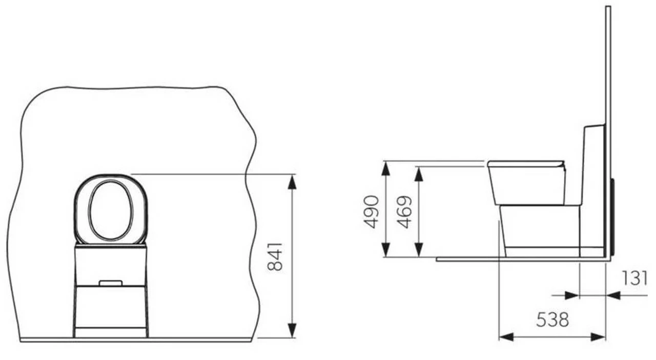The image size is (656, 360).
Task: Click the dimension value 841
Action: point(276,256)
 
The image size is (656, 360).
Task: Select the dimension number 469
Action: point(405,211)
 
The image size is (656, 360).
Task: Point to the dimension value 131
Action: point(635,278)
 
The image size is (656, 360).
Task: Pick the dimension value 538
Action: point(552,320)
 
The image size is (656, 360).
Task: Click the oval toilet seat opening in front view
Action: point(111,210)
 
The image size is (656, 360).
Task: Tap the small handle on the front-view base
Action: point(110,283)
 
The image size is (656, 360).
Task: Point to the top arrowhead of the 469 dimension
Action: point(419,173)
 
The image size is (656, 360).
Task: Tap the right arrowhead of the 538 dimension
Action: point(598,337)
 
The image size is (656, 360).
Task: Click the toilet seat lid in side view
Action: point(525,164)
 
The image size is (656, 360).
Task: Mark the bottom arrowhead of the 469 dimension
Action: point(419,250)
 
